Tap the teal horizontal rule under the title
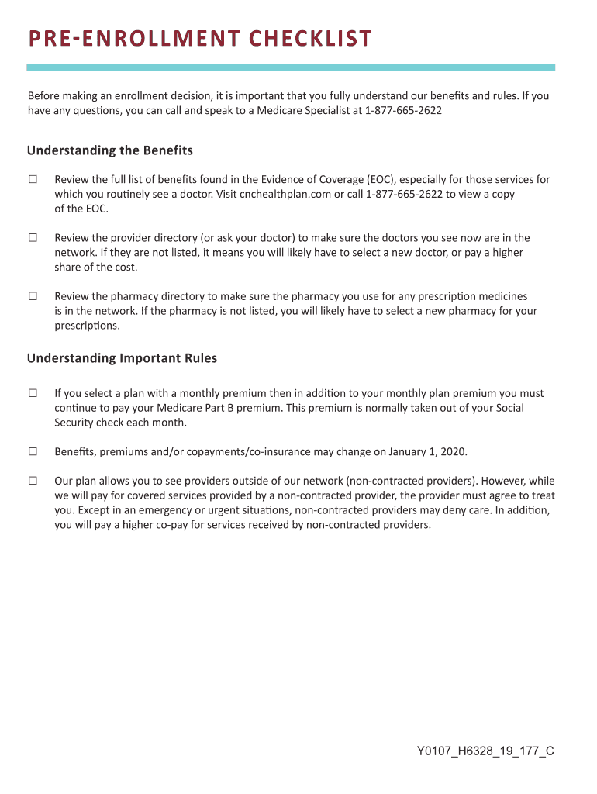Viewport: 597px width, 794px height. [291, 67]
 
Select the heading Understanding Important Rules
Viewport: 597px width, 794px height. [122, 358]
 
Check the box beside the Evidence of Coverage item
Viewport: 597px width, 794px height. [33, 180]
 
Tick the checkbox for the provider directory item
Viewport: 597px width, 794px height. [33, 238]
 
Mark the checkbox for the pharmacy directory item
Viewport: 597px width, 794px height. [33, 296]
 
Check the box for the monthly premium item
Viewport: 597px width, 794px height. [33, 393]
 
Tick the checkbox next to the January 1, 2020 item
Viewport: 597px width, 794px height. [33, 451]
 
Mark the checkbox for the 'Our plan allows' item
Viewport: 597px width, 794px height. [33, 481]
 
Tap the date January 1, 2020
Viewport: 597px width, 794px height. [422, 451]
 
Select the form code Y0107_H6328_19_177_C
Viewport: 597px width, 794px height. [485, 751]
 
